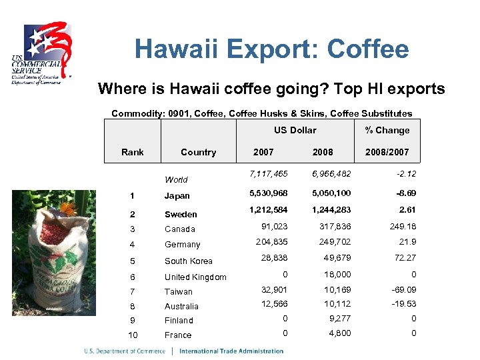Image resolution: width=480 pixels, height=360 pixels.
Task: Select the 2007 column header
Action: pos(263,152)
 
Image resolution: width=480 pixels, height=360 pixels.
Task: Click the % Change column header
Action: pos(387,130)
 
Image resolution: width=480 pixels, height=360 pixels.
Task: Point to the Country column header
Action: pos(198,152)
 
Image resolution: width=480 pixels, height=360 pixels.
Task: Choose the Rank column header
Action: pos(133,152)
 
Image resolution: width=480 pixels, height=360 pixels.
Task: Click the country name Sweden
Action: pos(181,214)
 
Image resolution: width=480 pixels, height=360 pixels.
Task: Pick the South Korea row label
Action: pos(189,261)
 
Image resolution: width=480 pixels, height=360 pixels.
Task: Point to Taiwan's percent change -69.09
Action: pos(401,290)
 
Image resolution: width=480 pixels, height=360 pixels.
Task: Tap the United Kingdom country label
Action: pos(195,277)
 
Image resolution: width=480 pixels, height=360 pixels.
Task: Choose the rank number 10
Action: pos(133,335)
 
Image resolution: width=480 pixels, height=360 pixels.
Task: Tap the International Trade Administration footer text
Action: pos(231,351)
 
